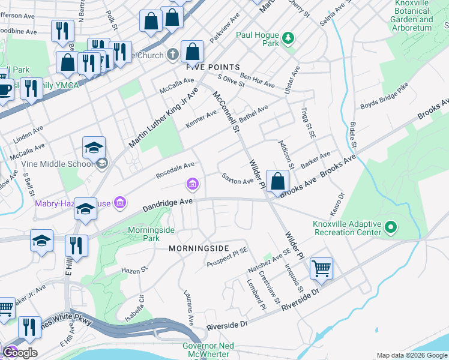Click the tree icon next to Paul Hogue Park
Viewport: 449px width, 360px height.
(289, 38)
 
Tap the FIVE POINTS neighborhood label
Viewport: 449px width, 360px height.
(212, 67)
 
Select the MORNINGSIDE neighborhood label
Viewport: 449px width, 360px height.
(199, 248)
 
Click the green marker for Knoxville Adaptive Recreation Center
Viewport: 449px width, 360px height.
(391, 227)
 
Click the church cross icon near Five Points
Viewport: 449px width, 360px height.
(172, 55)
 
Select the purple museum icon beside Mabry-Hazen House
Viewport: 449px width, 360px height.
(119, 203)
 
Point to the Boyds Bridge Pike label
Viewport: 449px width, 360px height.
(384, 98)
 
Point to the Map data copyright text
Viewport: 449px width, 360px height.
(411, 355)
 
